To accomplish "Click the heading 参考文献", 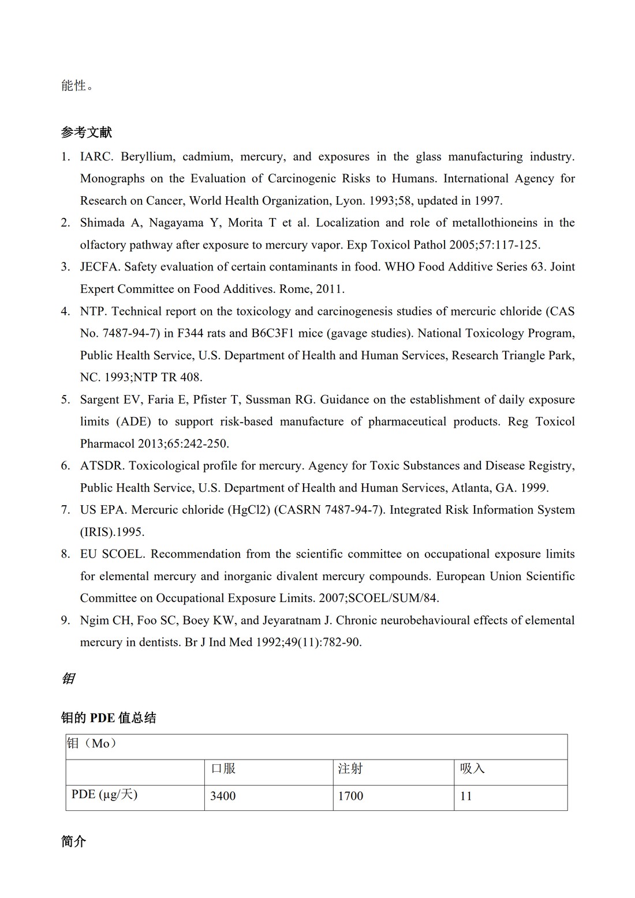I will point(87,133).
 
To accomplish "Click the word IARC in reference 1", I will point(96,157).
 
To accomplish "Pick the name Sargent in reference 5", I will point(100,400).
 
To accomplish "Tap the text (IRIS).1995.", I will point(112,532).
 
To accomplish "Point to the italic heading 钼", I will point(68,679).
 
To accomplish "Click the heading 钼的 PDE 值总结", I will point(109,718).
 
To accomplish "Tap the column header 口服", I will point(223,769).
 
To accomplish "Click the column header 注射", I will point(350,769).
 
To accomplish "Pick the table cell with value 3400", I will point(223,796).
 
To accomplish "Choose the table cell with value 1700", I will point(350,796).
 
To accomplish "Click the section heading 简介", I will point(73,842).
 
